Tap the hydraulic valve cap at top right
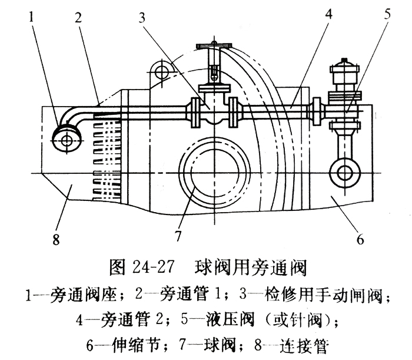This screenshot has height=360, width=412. tap(347, 72)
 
